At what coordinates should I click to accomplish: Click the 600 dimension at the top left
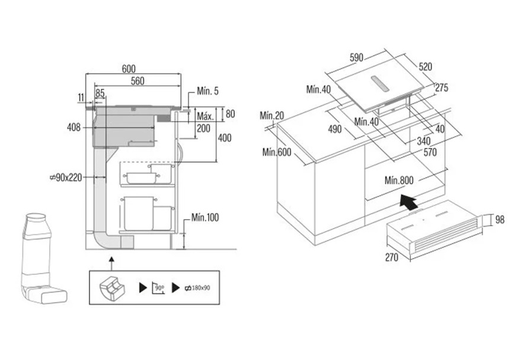(x=129, y=69)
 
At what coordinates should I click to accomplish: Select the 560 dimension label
(x=138, y=81)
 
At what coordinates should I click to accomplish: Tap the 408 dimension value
(x=73, y=127)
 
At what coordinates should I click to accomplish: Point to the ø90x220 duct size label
(x=66, y=178)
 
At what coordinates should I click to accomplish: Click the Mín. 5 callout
(x=208, y=91)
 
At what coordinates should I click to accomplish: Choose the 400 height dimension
(x=225, y=137)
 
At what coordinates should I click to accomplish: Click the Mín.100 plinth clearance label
(x=205, y=217)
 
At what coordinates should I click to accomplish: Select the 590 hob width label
(x=356, y=58)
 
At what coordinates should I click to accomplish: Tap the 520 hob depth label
(x=425, y=67)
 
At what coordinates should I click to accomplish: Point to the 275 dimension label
(x=442, y=88)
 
